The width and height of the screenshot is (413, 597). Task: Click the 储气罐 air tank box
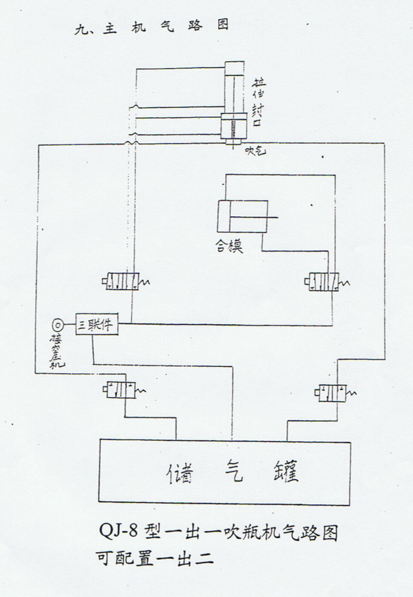tap(225, 472)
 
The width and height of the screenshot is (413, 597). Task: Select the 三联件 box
tap(97, 324)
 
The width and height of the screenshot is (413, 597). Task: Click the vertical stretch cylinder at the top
tap(234, 102)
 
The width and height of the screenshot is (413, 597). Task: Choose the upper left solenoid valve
tap(123, 282)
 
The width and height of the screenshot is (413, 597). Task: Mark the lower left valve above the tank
tap(120, 389)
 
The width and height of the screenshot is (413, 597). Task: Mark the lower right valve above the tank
tap(334, 393)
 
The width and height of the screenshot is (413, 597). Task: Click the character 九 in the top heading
tap(80, 29)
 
